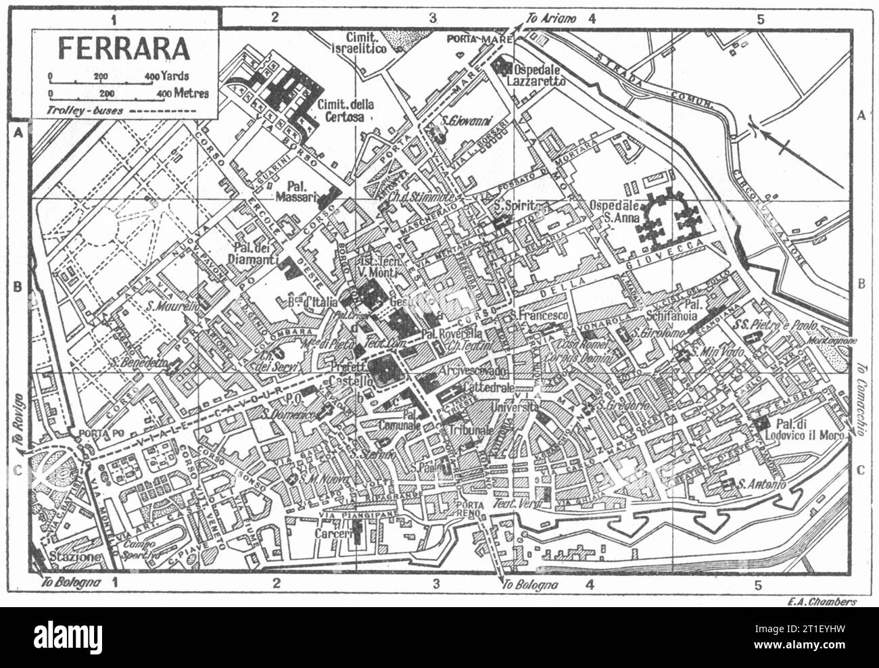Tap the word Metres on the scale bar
pos(191,94)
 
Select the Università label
pos(515,407)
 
